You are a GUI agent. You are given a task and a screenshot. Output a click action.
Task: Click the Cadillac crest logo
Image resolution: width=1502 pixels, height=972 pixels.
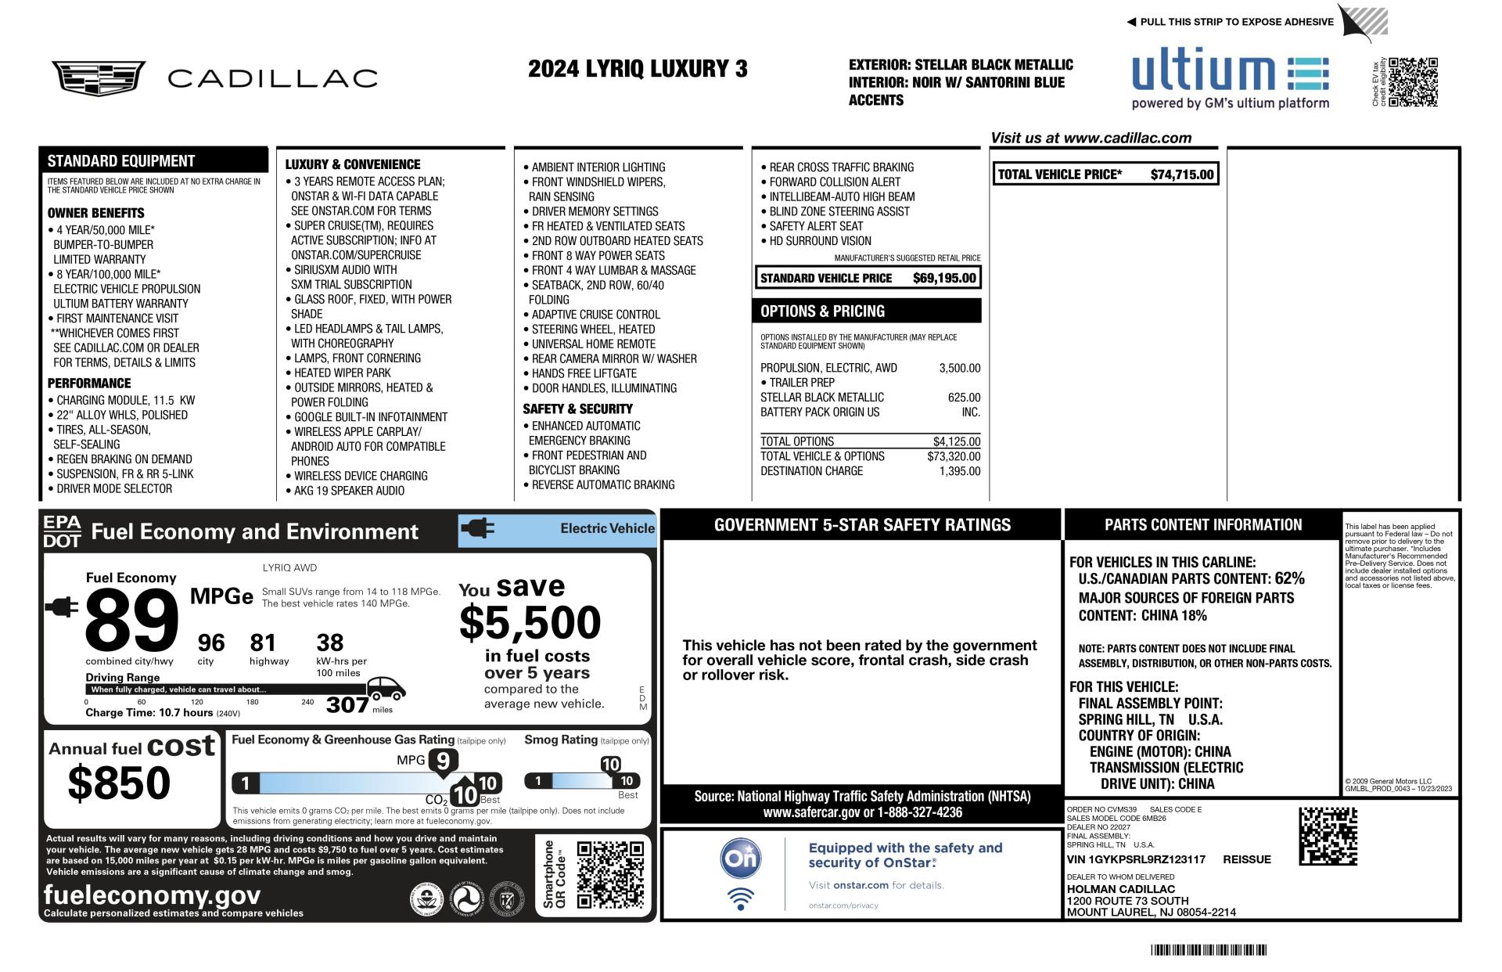[x=98, y=78]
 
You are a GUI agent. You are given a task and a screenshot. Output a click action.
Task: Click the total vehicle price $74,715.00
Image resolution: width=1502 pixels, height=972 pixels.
[x=1181, y=175]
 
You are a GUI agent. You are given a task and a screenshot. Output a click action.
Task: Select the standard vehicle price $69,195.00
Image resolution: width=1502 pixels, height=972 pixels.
[x=944, y=278]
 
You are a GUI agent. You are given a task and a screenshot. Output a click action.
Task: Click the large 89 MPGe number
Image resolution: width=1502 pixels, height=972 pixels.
[x=131, y=620]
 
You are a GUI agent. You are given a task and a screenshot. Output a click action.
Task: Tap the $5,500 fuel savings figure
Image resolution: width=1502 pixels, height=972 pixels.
[x=530, y=623]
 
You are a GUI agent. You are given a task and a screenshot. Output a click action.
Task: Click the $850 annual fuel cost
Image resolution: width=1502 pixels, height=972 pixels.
[x=119, y=783]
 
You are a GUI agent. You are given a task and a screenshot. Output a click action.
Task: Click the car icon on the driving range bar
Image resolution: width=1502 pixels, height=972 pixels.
[x=386, y=689]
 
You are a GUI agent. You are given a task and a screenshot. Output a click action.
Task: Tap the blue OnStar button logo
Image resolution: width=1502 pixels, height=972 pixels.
[x=740, y=858]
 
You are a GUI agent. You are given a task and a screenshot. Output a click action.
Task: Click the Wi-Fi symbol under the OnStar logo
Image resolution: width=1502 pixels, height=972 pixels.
[x=740, y=898]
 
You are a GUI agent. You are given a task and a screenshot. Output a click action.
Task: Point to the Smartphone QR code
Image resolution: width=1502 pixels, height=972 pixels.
[x=610, y=874]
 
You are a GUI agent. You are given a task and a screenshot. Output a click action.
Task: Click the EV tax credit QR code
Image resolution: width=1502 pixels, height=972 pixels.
[x=1413, y=81]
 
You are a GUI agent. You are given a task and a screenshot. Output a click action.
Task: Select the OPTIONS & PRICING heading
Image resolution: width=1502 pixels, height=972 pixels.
[x=822, y=311]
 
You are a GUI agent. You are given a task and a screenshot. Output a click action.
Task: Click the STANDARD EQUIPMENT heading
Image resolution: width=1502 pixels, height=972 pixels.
[x=120, y=161]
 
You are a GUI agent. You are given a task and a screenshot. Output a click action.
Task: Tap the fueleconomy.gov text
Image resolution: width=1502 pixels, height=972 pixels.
[x=152, y=895]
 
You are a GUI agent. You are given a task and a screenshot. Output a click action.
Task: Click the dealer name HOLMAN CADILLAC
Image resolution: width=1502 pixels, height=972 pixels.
[x=1120, y=889]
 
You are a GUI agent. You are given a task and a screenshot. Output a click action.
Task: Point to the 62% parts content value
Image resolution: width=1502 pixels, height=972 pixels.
[x=1289, y=578]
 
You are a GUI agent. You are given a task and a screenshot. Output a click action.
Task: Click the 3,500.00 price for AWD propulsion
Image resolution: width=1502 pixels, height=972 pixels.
[x=959, y=368]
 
